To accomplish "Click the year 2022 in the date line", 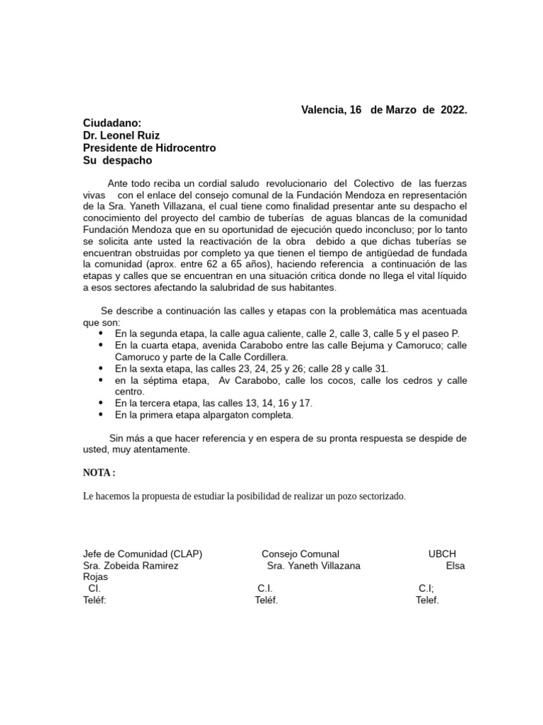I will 452,110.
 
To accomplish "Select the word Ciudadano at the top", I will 112,122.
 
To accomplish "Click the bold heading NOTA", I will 98,473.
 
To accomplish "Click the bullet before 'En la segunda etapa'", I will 100,333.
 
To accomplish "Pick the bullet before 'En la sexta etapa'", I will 100,369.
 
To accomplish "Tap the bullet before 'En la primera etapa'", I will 100,415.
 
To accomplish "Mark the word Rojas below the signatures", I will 95,577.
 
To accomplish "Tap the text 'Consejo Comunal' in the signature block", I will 300,554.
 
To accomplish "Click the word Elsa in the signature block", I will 455,566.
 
